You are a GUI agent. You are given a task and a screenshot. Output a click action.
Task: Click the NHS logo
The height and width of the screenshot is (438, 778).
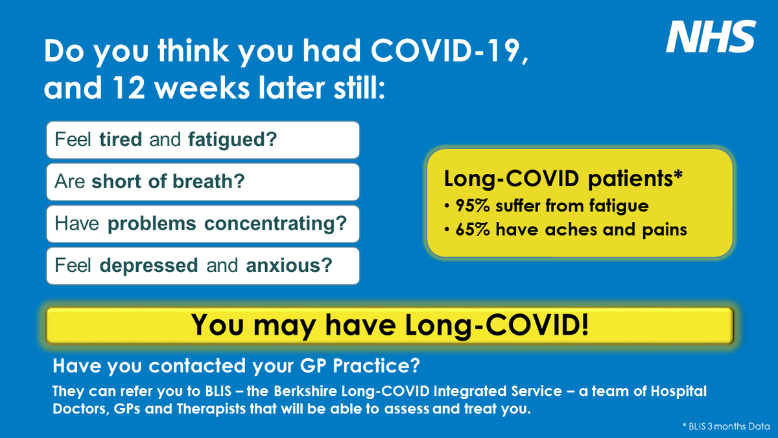711,37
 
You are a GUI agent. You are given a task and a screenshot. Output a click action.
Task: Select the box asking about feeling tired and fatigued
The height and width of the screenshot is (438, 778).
202,140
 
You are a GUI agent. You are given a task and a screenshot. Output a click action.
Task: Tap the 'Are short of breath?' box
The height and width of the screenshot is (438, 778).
202,182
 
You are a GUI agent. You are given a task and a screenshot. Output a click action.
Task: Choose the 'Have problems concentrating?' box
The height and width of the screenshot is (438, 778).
202,224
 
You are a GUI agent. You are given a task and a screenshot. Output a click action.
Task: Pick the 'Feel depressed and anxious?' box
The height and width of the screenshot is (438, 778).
202,265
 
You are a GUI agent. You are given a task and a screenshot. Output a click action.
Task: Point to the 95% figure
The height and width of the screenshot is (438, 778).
471,206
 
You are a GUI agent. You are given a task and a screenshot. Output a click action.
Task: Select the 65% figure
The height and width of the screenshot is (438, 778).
471,230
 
